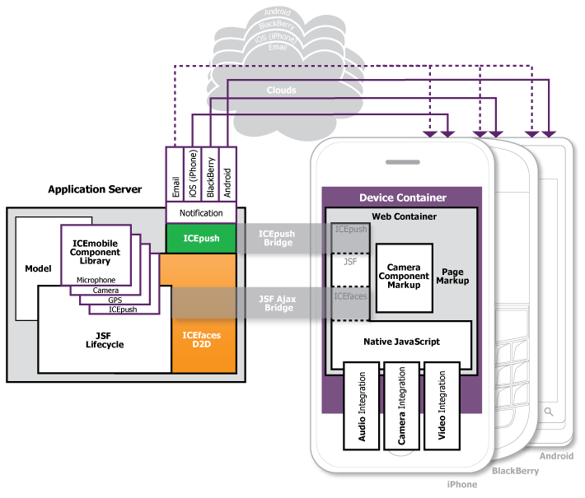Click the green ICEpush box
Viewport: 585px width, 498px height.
[201, 238]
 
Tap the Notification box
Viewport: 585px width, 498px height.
[201, 213]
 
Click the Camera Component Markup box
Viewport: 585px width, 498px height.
[404, 277]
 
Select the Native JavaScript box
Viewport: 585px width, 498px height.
[401, 341]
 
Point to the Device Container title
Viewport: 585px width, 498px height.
[403, 198]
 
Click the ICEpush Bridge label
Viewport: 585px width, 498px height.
[277, 239]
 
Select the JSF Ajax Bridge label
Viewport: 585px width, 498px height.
[277, 301]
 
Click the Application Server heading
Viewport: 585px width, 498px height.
[95, 189]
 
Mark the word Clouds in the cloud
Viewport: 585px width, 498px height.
[281, 90]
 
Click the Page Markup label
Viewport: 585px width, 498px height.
[452, 276]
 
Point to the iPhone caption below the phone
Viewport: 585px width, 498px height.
[461, 485]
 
